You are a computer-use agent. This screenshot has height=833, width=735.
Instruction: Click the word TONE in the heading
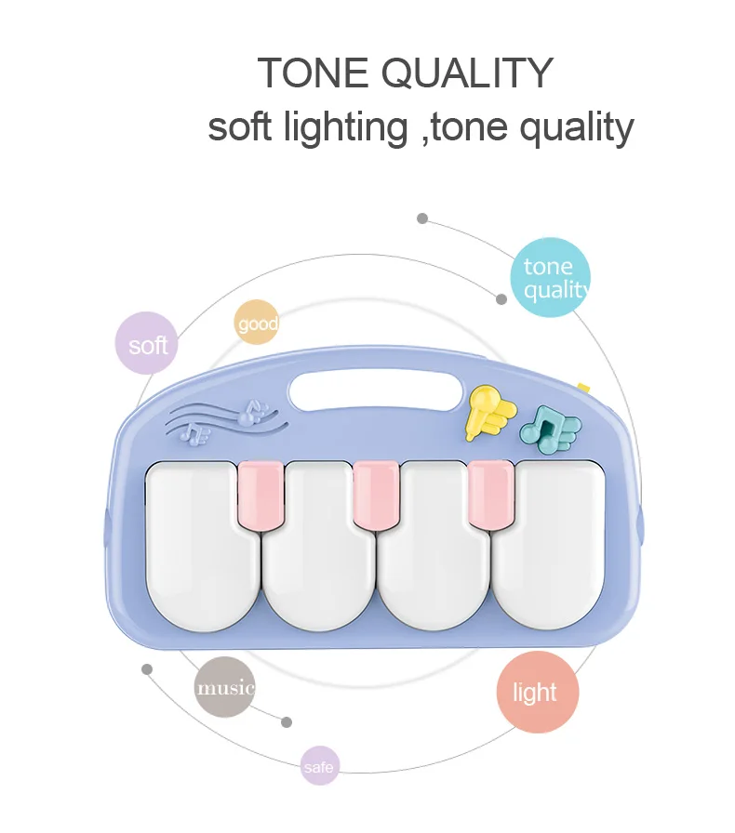pyautogui.click(x=313, y=73)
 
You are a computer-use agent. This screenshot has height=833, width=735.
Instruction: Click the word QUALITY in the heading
pyautogui.click(x=468, y=73)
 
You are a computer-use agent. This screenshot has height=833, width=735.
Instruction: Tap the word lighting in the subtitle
pyautogui.click(x=346, y=128)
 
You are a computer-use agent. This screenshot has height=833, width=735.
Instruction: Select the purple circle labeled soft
pyautogui.click(x=146, y=343)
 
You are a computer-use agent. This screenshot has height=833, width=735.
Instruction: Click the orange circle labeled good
pyautogui.click(x=257, y=322)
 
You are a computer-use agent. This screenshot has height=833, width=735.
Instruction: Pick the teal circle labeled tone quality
pyautogui.click(x=551, y=277)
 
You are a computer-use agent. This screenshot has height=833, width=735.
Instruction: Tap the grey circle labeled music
pyautogui.click(x=224, y=687)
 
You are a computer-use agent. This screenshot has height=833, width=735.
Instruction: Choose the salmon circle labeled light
pyautogui.click(x=537, y=692)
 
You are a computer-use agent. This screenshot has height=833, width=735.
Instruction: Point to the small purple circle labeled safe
pyautogui.click(x=320, y=765)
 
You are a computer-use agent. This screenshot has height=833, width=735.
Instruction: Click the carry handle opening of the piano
pyautogui.click(x=376, y=391)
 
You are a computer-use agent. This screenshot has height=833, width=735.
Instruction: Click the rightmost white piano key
pyautogui.click(x=549, y=546)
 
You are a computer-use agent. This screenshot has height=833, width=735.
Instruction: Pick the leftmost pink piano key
pyautogui.click(x=261, y=496)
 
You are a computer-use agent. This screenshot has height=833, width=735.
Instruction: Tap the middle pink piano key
pyautogui.click(x=376, y=495)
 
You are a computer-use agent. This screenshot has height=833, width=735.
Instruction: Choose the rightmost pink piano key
pyautogui.click(x=491, y=494)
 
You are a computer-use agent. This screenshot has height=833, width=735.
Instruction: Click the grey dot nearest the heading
pyautogui.click(x=422, y=218)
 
